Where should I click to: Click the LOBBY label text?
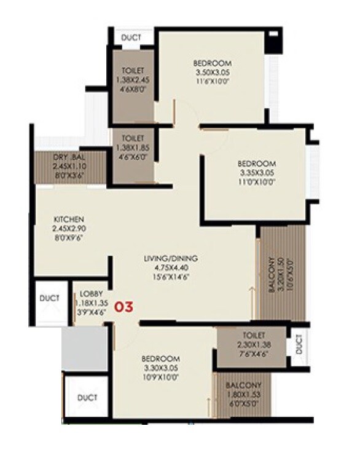[x=91, y=293]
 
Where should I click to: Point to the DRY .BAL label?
[x=69, y=156]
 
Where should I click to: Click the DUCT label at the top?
[x=131, y=38]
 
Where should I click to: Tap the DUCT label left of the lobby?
[x=50, y=298]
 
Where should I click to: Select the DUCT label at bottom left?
[x=87, y=398]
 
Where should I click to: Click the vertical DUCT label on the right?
[x=299, y=347]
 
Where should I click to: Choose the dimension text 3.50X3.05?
[x=212, y=72]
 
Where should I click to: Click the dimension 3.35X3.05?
[x=257, y=173]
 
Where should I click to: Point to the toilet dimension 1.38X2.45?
[x=133, y=79]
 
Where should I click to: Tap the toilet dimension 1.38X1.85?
[x=133, y=149]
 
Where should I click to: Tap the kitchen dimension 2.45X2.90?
[x=68, y=229]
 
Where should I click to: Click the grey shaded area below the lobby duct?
[x=84, y=349]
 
